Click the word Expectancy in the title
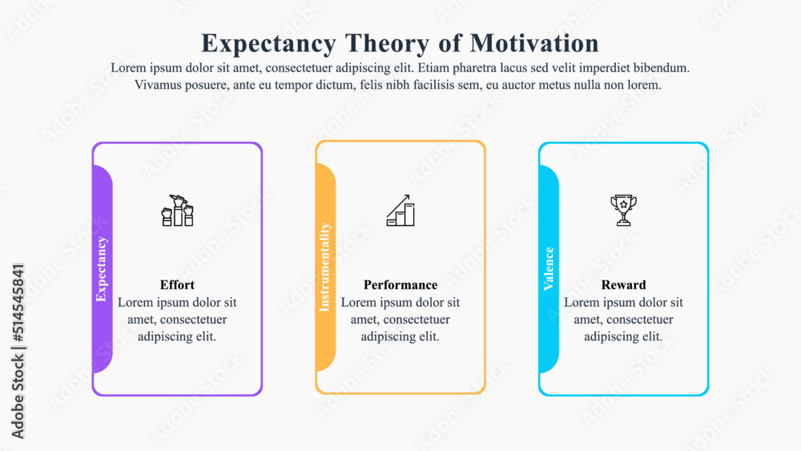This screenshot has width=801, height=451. (269, 42)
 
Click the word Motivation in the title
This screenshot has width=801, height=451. (533, 42)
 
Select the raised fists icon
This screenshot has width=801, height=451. (178, 210)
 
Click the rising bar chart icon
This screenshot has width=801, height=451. (400, 210)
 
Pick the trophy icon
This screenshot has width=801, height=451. (623, 210)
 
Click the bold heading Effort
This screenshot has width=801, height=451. (177, 285)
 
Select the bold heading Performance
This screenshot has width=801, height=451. (400, 285)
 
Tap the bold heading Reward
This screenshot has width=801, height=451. (623, 285)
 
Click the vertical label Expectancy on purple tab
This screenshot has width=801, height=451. (102, 269)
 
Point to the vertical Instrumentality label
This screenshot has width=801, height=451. (324, 267)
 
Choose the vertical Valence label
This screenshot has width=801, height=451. (549, 269)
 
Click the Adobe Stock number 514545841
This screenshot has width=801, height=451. (18, 301)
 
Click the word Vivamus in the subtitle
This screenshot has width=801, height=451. (160, 85)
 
